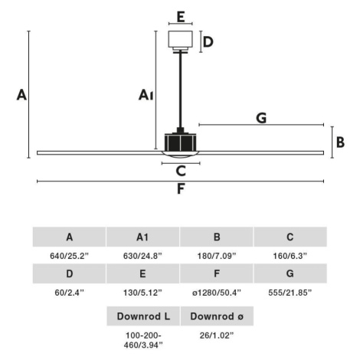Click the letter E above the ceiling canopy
point(181,17)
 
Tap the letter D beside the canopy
point(208,42)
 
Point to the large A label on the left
point(21,95)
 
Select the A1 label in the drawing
point(146,95)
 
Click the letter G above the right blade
point(261,118)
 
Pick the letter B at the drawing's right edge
point(340,142)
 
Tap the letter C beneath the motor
point(181,171)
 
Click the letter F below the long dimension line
point(181,189)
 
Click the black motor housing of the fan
point(180,142)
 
